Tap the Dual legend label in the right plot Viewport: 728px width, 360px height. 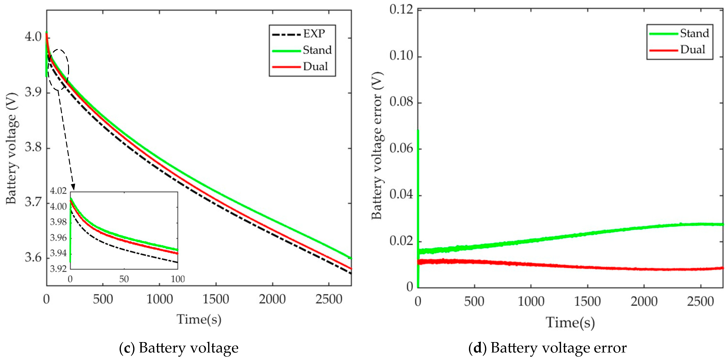pos(692,50)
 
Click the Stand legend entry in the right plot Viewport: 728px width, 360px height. pos(694,33)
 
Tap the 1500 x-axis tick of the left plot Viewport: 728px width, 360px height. pos(216,299)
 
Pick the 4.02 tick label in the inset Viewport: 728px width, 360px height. pos(58,191)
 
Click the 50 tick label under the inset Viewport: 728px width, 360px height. pos(124,279)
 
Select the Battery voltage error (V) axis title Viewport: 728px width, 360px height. pos(377,146)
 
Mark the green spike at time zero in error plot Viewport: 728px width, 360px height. pos(418,170)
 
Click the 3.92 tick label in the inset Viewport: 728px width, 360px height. pos(58,268)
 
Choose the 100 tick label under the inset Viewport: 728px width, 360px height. pos(178,279)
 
